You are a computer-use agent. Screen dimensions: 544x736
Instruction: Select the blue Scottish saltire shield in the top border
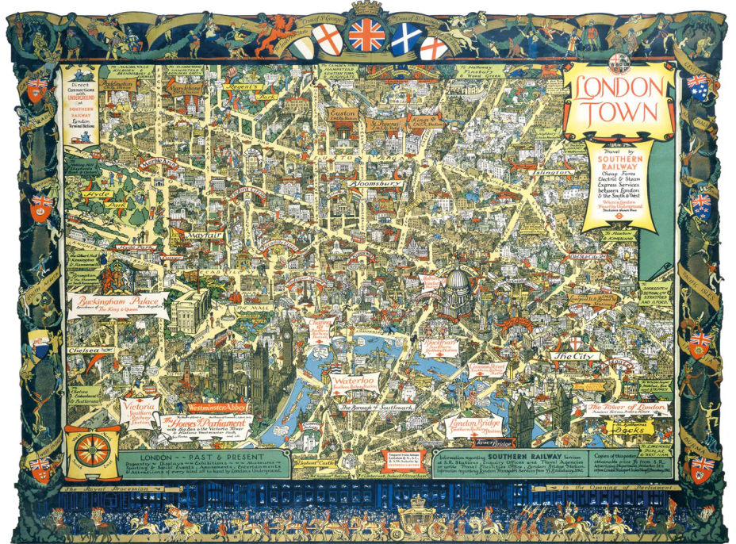(x=404, y=38)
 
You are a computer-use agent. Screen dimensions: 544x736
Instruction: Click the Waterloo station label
(x=353, y=385)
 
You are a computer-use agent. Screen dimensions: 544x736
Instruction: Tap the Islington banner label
(x=546, y=171)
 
